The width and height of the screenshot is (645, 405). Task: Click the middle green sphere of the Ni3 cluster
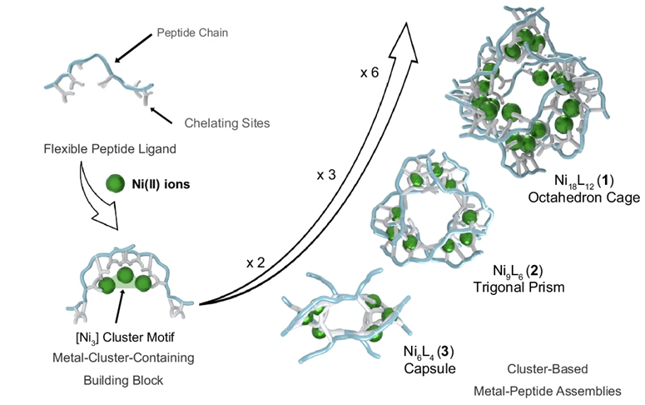point(125,277)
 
